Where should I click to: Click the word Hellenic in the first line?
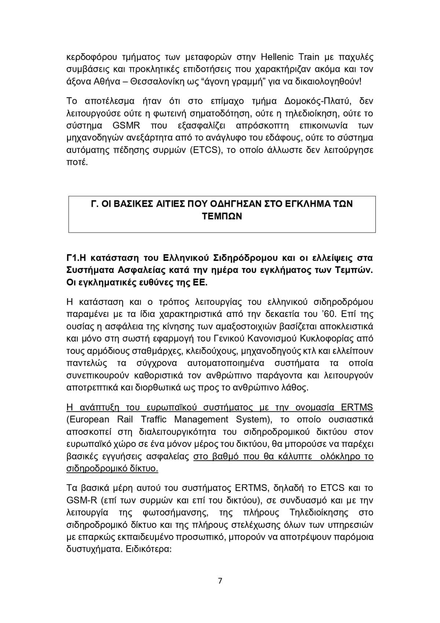point(276,57)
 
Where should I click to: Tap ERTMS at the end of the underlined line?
point(357,407)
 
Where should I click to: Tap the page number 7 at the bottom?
point(220,581)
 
